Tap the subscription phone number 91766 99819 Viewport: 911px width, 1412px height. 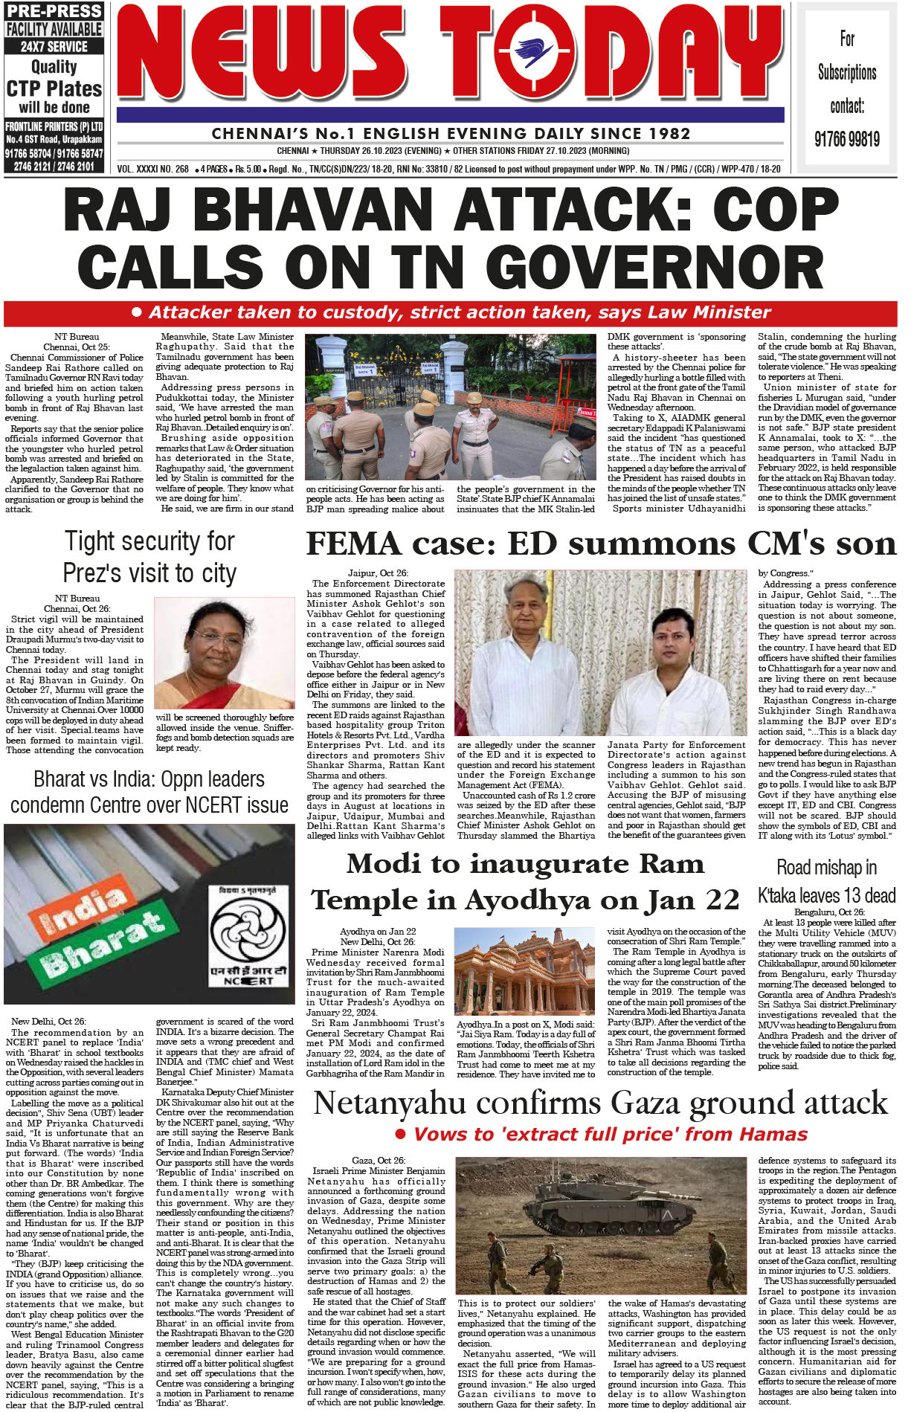click(846, 139)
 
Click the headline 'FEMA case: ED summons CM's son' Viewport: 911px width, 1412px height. click(601, 544)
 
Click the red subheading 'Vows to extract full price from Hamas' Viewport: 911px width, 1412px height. click(602, 1135)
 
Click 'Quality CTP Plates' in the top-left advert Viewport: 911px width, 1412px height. click(54, 78)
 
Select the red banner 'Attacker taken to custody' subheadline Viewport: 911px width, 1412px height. click(451, 312)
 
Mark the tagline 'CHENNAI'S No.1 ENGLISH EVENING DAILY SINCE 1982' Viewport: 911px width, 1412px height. click(451, 134)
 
